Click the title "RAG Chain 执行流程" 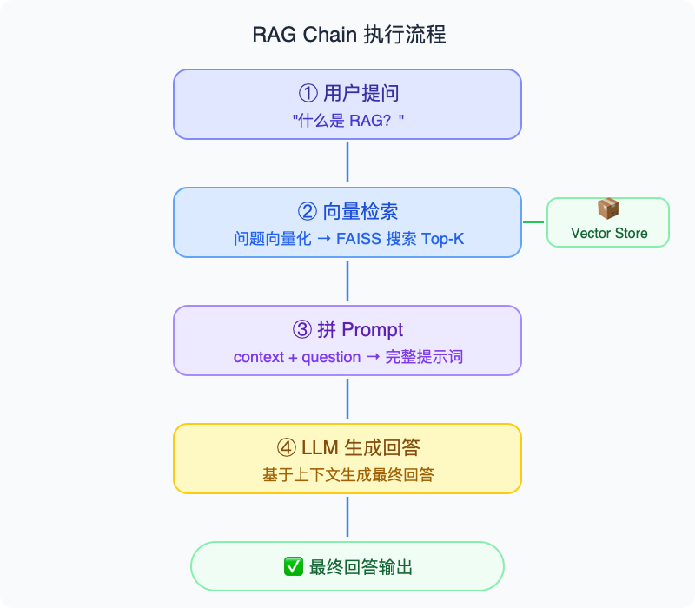pyautogui.click(x=347, y=35)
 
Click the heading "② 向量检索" pyautogui.click(x=347, y=212)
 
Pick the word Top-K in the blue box pyautogui.click(x=442, y=238)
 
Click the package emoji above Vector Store pyautogui.click(x=608, y=209)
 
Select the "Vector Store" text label pyautogui.click(x=608, y=233)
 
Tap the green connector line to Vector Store pyautogui.click(x=533, y=222)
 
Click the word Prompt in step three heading pyautogui.click(x=373, y=330)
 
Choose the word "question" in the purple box pyautogui.click(x=331, y=356)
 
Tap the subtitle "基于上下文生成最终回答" pyautogui.click(x=347, y=474)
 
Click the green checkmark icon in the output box pyautogui.click(x=293, y=567)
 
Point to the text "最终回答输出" pyautogui.click(x=361, y=567)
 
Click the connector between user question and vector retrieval pyautogui.click(x=347, y=163)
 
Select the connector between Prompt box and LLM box pyautogui.click(x=347, y=400)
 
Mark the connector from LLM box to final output pyautogui.click(x=347, y=518)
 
